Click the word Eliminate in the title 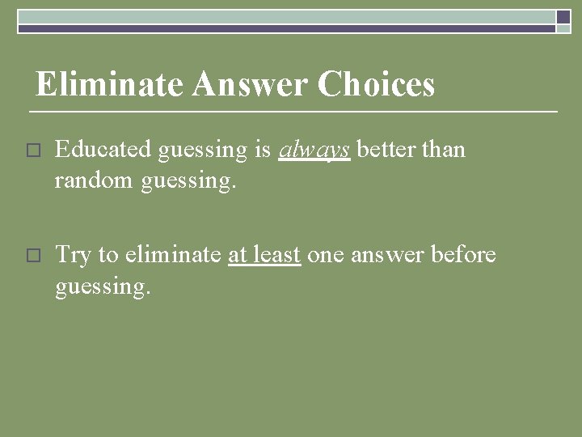click(x=109, y=84)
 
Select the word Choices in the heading click(x=376, y=84)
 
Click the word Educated click(x=103, y=150)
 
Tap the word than click(x=444, y=150)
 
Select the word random click(x=94, y=182)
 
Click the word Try click(x=73, y=256)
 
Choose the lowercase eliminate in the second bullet click(x=172, y=255)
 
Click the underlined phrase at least click(x=264, y=255)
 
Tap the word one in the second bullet click(x=326, y=256)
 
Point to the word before click(x=463, y=255)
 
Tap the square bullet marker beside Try click(x=32, y=255)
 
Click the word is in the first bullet click(x=262, y=150)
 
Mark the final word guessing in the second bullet click(x=103, y=288)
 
